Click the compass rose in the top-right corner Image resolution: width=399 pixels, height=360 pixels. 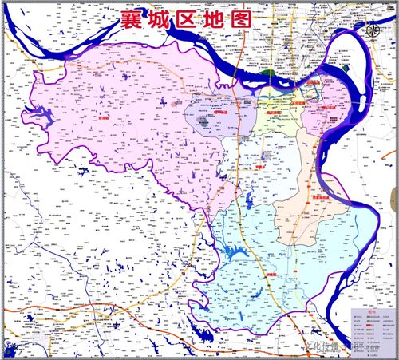point(373,30)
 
